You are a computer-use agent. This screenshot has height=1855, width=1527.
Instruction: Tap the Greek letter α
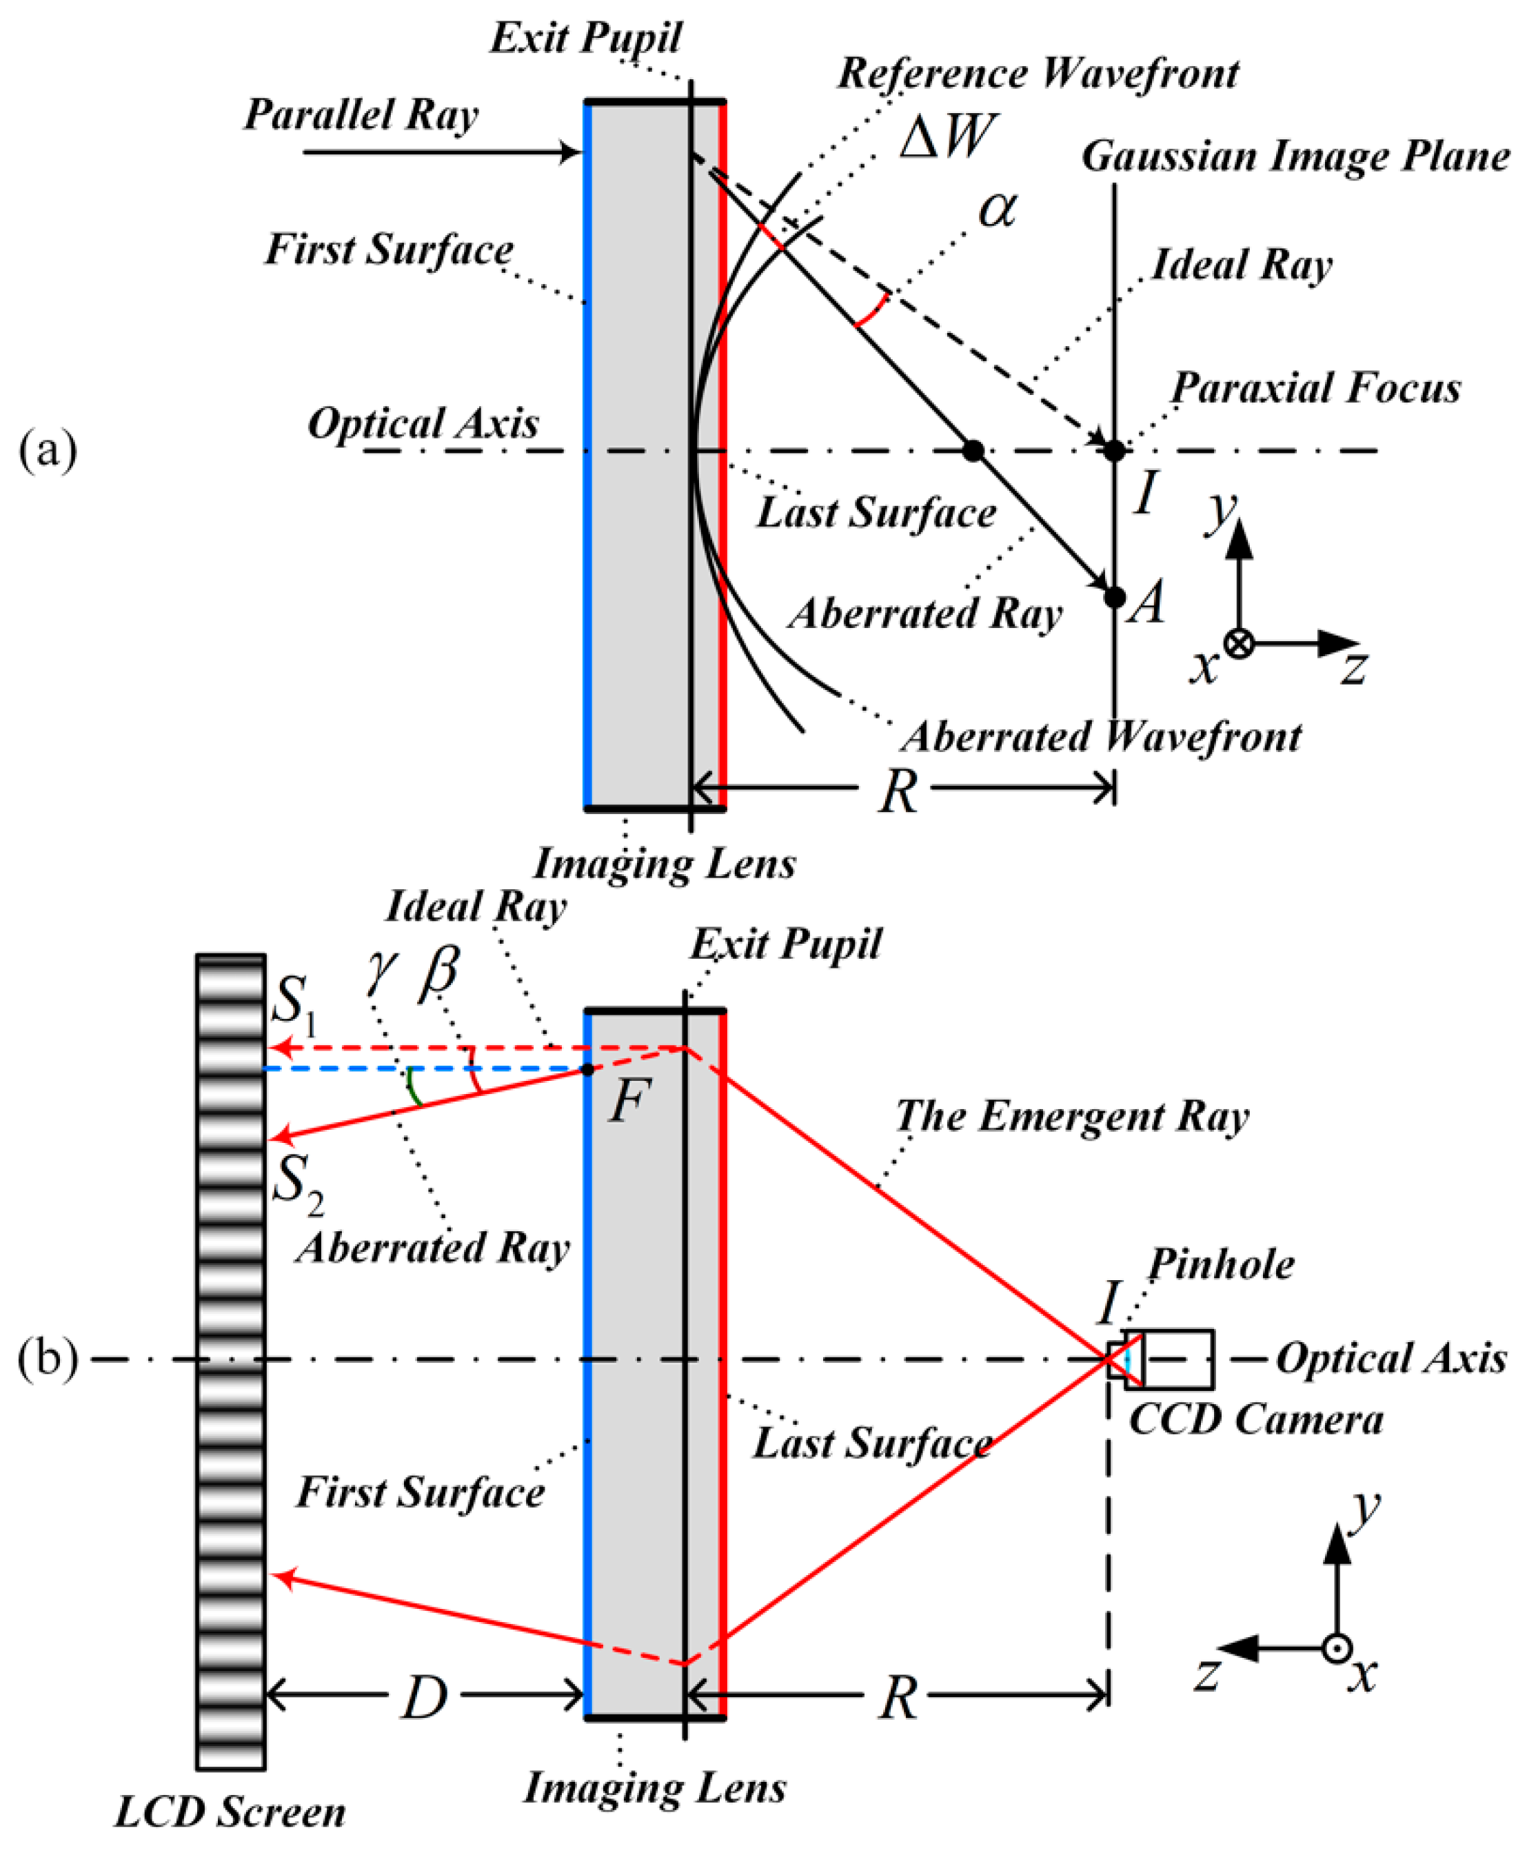[998, 210]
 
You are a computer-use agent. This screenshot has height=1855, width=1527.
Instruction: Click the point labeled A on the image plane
[1115, 597]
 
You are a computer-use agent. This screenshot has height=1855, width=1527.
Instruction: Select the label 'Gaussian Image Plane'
[1295, 156]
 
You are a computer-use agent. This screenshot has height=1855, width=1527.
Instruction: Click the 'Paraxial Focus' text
[1316, 388]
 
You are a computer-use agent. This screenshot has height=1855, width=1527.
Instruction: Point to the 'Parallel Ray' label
[361, 115]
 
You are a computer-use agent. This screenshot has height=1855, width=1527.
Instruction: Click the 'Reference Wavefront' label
[1038, 74]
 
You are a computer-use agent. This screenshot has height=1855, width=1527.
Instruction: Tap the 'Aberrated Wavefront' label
[1101, 737]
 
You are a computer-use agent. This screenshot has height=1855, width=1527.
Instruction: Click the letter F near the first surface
[628, 1102]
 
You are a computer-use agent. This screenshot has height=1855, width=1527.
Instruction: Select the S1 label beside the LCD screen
[293, 1003]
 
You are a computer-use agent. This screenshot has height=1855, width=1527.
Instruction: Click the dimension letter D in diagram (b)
[425, 1698]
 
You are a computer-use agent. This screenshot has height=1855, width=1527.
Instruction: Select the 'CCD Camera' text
[1256, 1419]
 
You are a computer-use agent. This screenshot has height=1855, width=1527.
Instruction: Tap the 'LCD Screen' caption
[230, 1813]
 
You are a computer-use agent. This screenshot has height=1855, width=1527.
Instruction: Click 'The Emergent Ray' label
[1072, 1117]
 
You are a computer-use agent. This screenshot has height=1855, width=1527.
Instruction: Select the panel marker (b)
[48, 1359]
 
